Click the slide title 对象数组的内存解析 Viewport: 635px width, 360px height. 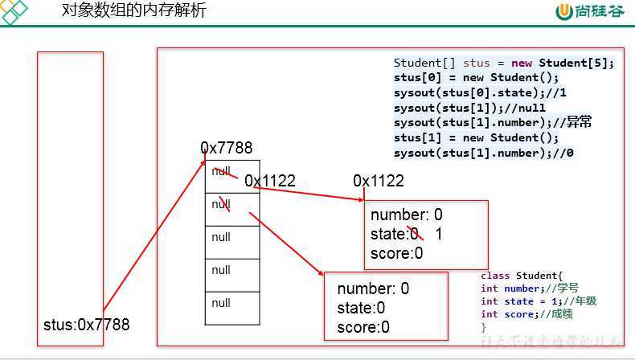tap(133, 11)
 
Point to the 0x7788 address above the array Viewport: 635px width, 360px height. tap(227, 148)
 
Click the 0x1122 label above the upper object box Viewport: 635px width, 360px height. tap(379, 181)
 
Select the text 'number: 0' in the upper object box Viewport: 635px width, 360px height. tap(407, 215)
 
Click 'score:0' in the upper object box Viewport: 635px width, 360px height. tap(397, 254)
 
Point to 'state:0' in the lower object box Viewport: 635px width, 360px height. tap(361, 308)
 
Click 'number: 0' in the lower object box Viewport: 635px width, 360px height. tap(373, 288)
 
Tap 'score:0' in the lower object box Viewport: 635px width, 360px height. tap(363, 327)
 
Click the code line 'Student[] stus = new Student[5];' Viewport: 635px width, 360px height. tap(503, 63)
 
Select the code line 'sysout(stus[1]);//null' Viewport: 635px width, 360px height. tap(469, 108)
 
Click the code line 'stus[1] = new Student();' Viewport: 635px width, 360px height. tap(474, 137)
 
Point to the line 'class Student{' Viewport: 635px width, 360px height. tap(517, 276)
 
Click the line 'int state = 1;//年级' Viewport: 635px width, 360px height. tap(539, 301)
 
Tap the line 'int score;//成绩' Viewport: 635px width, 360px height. tap(526, 314)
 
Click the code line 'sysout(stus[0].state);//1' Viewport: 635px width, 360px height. tap(480, 93)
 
